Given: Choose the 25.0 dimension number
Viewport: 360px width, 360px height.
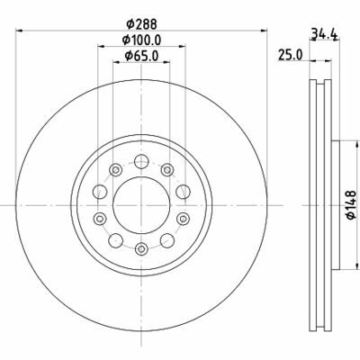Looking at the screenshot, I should pos(290,55).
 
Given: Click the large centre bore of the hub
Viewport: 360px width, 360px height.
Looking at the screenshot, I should pos(141,205).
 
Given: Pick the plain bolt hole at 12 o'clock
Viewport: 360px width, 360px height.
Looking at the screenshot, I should pos(141,162).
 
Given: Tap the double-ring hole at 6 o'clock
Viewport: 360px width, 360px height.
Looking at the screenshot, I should pos(141,248).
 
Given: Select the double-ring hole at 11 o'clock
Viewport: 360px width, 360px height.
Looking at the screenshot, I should pos(115,170).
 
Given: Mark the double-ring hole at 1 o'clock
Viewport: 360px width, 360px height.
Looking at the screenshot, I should pos(167,170).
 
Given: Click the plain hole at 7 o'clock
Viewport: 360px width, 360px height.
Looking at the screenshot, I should pos(115,239).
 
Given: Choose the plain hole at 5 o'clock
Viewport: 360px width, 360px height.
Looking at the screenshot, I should pos(167,239).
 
